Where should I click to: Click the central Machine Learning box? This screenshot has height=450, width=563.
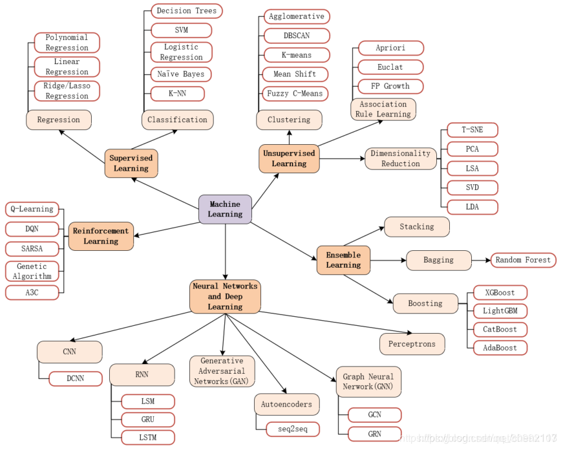[x=225, y=209]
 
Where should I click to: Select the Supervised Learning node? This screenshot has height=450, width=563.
[x=131, y=163]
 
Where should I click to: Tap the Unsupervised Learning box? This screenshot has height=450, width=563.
[x=289, y=158]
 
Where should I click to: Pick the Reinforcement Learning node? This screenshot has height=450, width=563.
[x=101, y=236]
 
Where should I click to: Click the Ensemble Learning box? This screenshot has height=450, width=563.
[x=343, y=260]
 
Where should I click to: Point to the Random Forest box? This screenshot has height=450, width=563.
[x=523, y=260]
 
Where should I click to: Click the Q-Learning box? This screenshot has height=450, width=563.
[x=32, y=209]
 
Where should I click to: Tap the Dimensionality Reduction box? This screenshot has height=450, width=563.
[x=401, y=158]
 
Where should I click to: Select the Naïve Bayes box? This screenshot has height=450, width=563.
[x=181, y=74]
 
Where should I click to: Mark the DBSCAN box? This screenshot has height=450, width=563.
[x=297, y=36]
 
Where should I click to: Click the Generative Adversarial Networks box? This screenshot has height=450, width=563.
[x=222, y=371]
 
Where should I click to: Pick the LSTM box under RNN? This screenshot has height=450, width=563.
[x=148, y=438]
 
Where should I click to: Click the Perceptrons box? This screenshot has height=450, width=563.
[x=412, y=344]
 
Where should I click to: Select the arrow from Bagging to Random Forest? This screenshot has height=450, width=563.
[x=481, y=260]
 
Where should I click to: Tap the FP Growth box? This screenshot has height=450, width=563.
[x=390, y=86]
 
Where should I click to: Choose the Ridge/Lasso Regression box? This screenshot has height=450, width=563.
[x=67, y=91]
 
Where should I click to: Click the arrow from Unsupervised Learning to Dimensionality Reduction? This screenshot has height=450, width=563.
[x=343, y=158]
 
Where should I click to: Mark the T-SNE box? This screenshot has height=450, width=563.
[x=472, y=130]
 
